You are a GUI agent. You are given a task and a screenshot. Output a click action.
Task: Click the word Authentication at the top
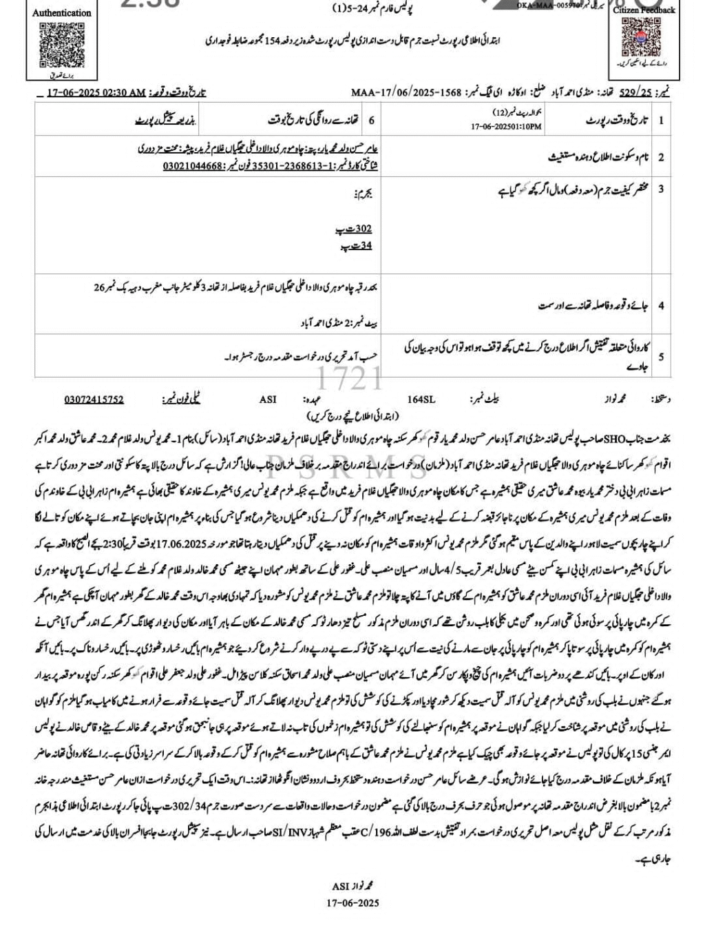point(62,12)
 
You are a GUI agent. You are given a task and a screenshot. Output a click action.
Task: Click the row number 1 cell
point(661,121)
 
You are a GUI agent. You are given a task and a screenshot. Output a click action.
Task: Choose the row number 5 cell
point(661,357)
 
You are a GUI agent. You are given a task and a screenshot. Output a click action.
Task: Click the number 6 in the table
point(372,121)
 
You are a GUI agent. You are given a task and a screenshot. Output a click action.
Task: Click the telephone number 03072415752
point(94,399)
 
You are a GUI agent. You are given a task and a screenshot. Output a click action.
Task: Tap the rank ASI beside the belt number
point(267,399)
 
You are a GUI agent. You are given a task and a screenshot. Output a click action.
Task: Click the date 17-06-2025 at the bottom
point(352,903)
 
